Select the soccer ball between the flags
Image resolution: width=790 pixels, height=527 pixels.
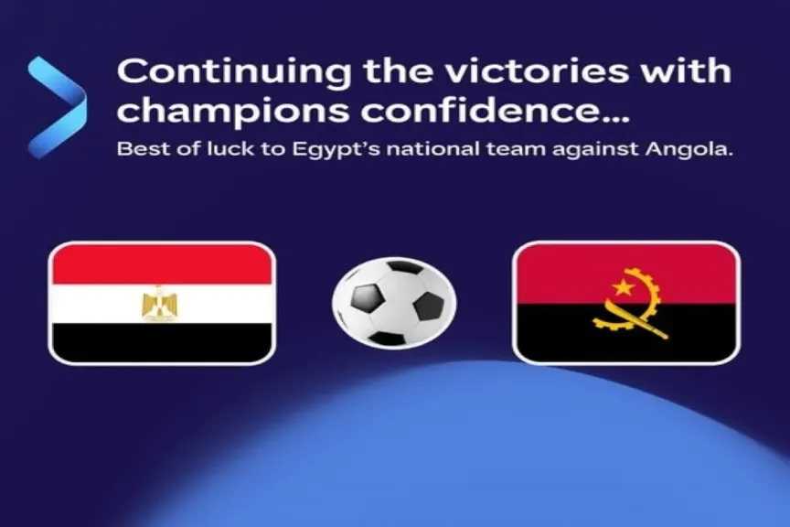coord(394,302)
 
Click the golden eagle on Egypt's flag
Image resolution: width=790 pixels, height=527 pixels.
coord(161,303)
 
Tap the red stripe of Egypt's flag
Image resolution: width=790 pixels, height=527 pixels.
coord(162,264)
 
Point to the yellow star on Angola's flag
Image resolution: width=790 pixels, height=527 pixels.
coord(624,287)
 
